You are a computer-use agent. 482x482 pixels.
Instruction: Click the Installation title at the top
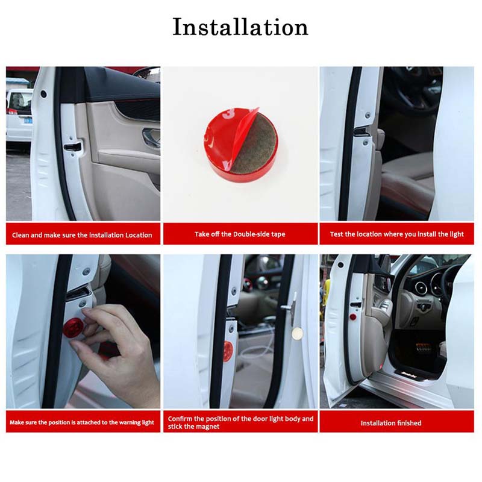[240, 27]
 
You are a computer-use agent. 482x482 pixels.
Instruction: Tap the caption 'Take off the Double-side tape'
[240, 234]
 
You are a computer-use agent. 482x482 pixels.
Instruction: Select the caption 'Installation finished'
[391, 423]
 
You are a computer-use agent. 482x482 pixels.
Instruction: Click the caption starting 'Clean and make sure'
[83, 234]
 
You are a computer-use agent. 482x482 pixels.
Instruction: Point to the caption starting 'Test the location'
[396, 234]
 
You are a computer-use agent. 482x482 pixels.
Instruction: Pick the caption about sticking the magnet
[240, 422]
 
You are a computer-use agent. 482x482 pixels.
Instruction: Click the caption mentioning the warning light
[83, 422]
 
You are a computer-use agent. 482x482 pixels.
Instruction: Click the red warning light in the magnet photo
[228, 351]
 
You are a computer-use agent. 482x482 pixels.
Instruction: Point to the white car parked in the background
[19, 114]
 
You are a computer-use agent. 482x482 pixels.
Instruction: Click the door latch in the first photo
[73, 146]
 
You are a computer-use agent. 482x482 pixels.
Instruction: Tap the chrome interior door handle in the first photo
[151, 137]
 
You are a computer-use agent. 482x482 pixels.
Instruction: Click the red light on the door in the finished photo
[353, 317]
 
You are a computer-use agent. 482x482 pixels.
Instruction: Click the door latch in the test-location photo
[362, 131]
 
